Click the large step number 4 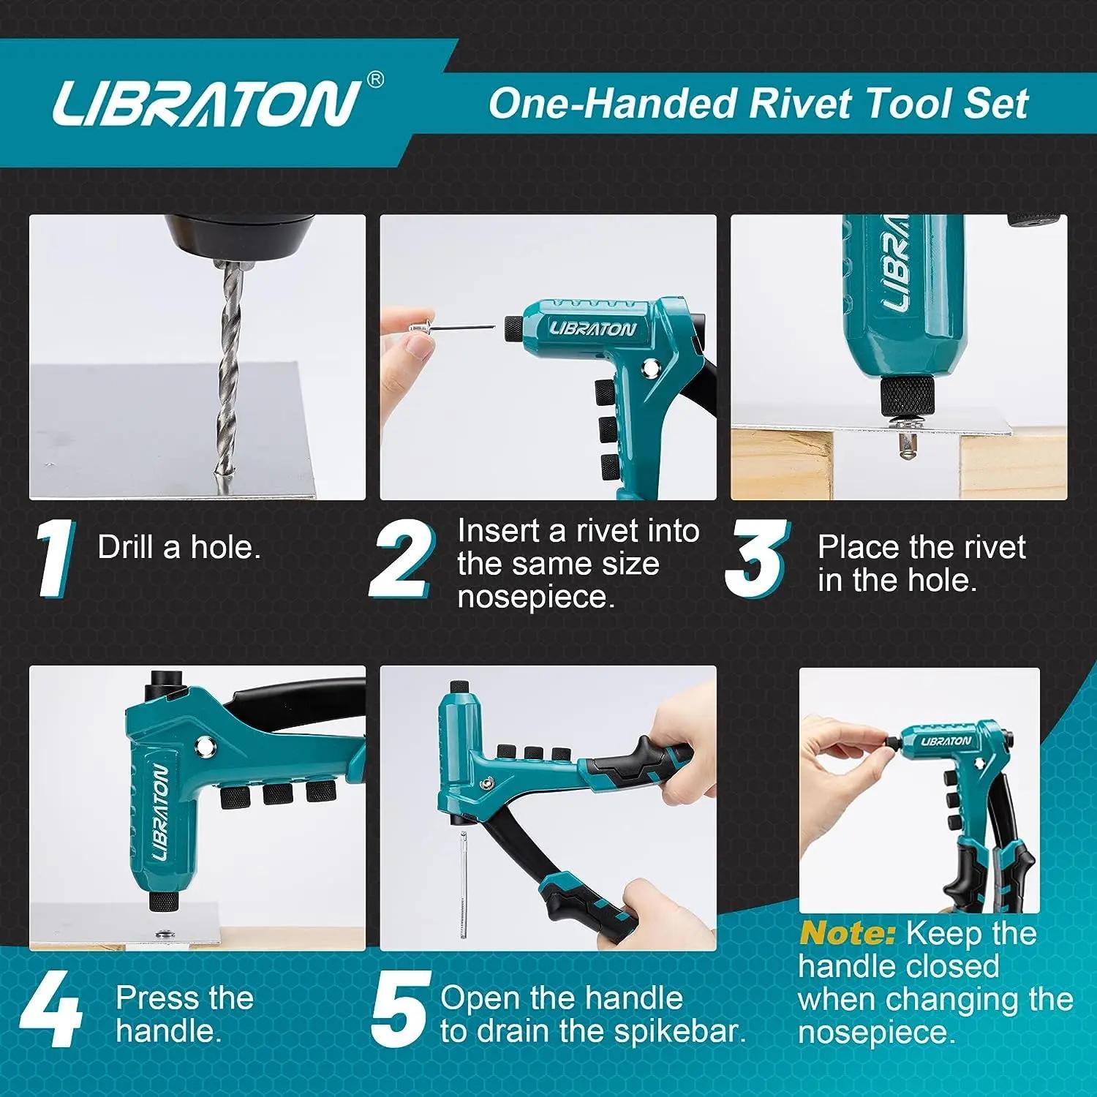click(x=50, y=1009)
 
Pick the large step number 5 click(x=399, y=1009)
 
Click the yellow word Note click(x=847, y=934)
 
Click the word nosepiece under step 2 click(x=536, y=597)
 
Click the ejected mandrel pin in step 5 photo click(x=463, y=885)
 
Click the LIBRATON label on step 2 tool click(x=592, y=329)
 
